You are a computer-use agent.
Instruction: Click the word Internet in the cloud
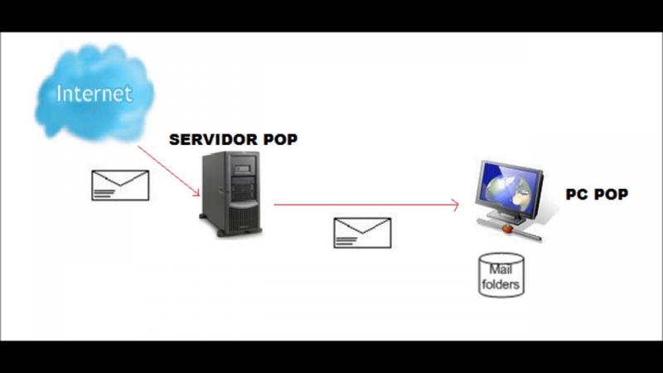94,93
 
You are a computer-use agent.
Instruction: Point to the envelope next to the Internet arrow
119,185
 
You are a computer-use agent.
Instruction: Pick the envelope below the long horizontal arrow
362,232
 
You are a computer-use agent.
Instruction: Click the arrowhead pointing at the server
196,193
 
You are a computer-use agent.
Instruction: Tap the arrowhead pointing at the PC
455,204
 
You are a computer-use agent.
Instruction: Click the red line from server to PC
365,204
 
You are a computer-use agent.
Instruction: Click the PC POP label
597,195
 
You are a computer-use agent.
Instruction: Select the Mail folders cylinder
501,275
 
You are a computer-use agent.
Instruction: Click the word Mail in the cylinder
501,269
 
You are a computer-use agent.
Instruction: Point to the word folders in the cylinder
501,284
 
